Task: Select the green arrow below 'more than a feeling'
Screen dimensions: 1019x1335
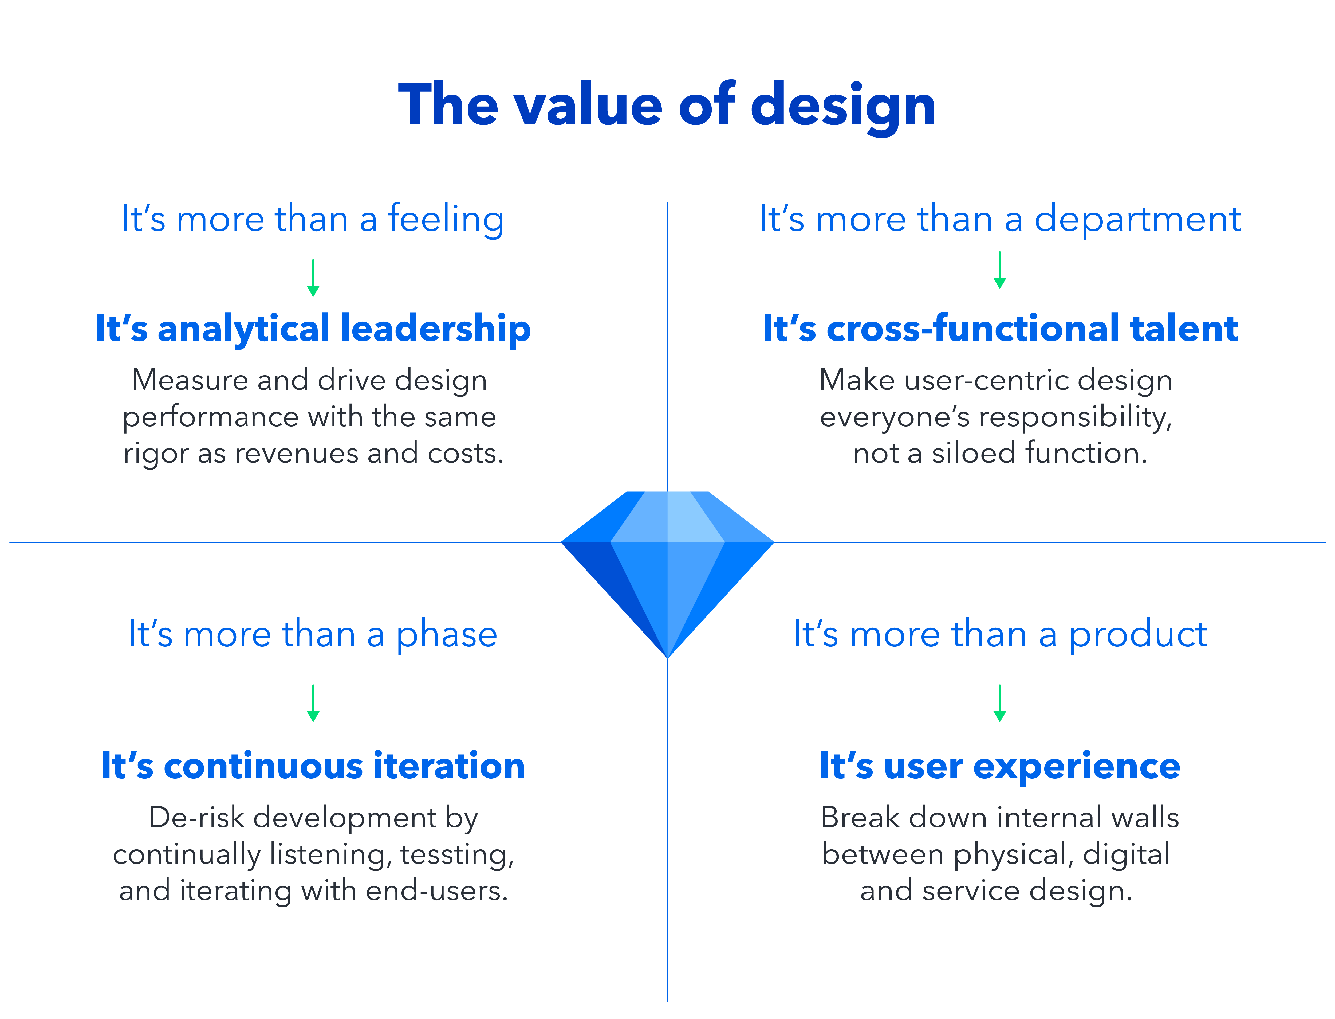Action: [313, 278]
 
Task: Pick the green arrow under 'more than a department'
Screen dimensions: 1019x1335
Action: [1000, 270]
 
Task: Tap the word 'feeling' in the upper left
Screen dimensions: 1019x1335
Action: [446, 220]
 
